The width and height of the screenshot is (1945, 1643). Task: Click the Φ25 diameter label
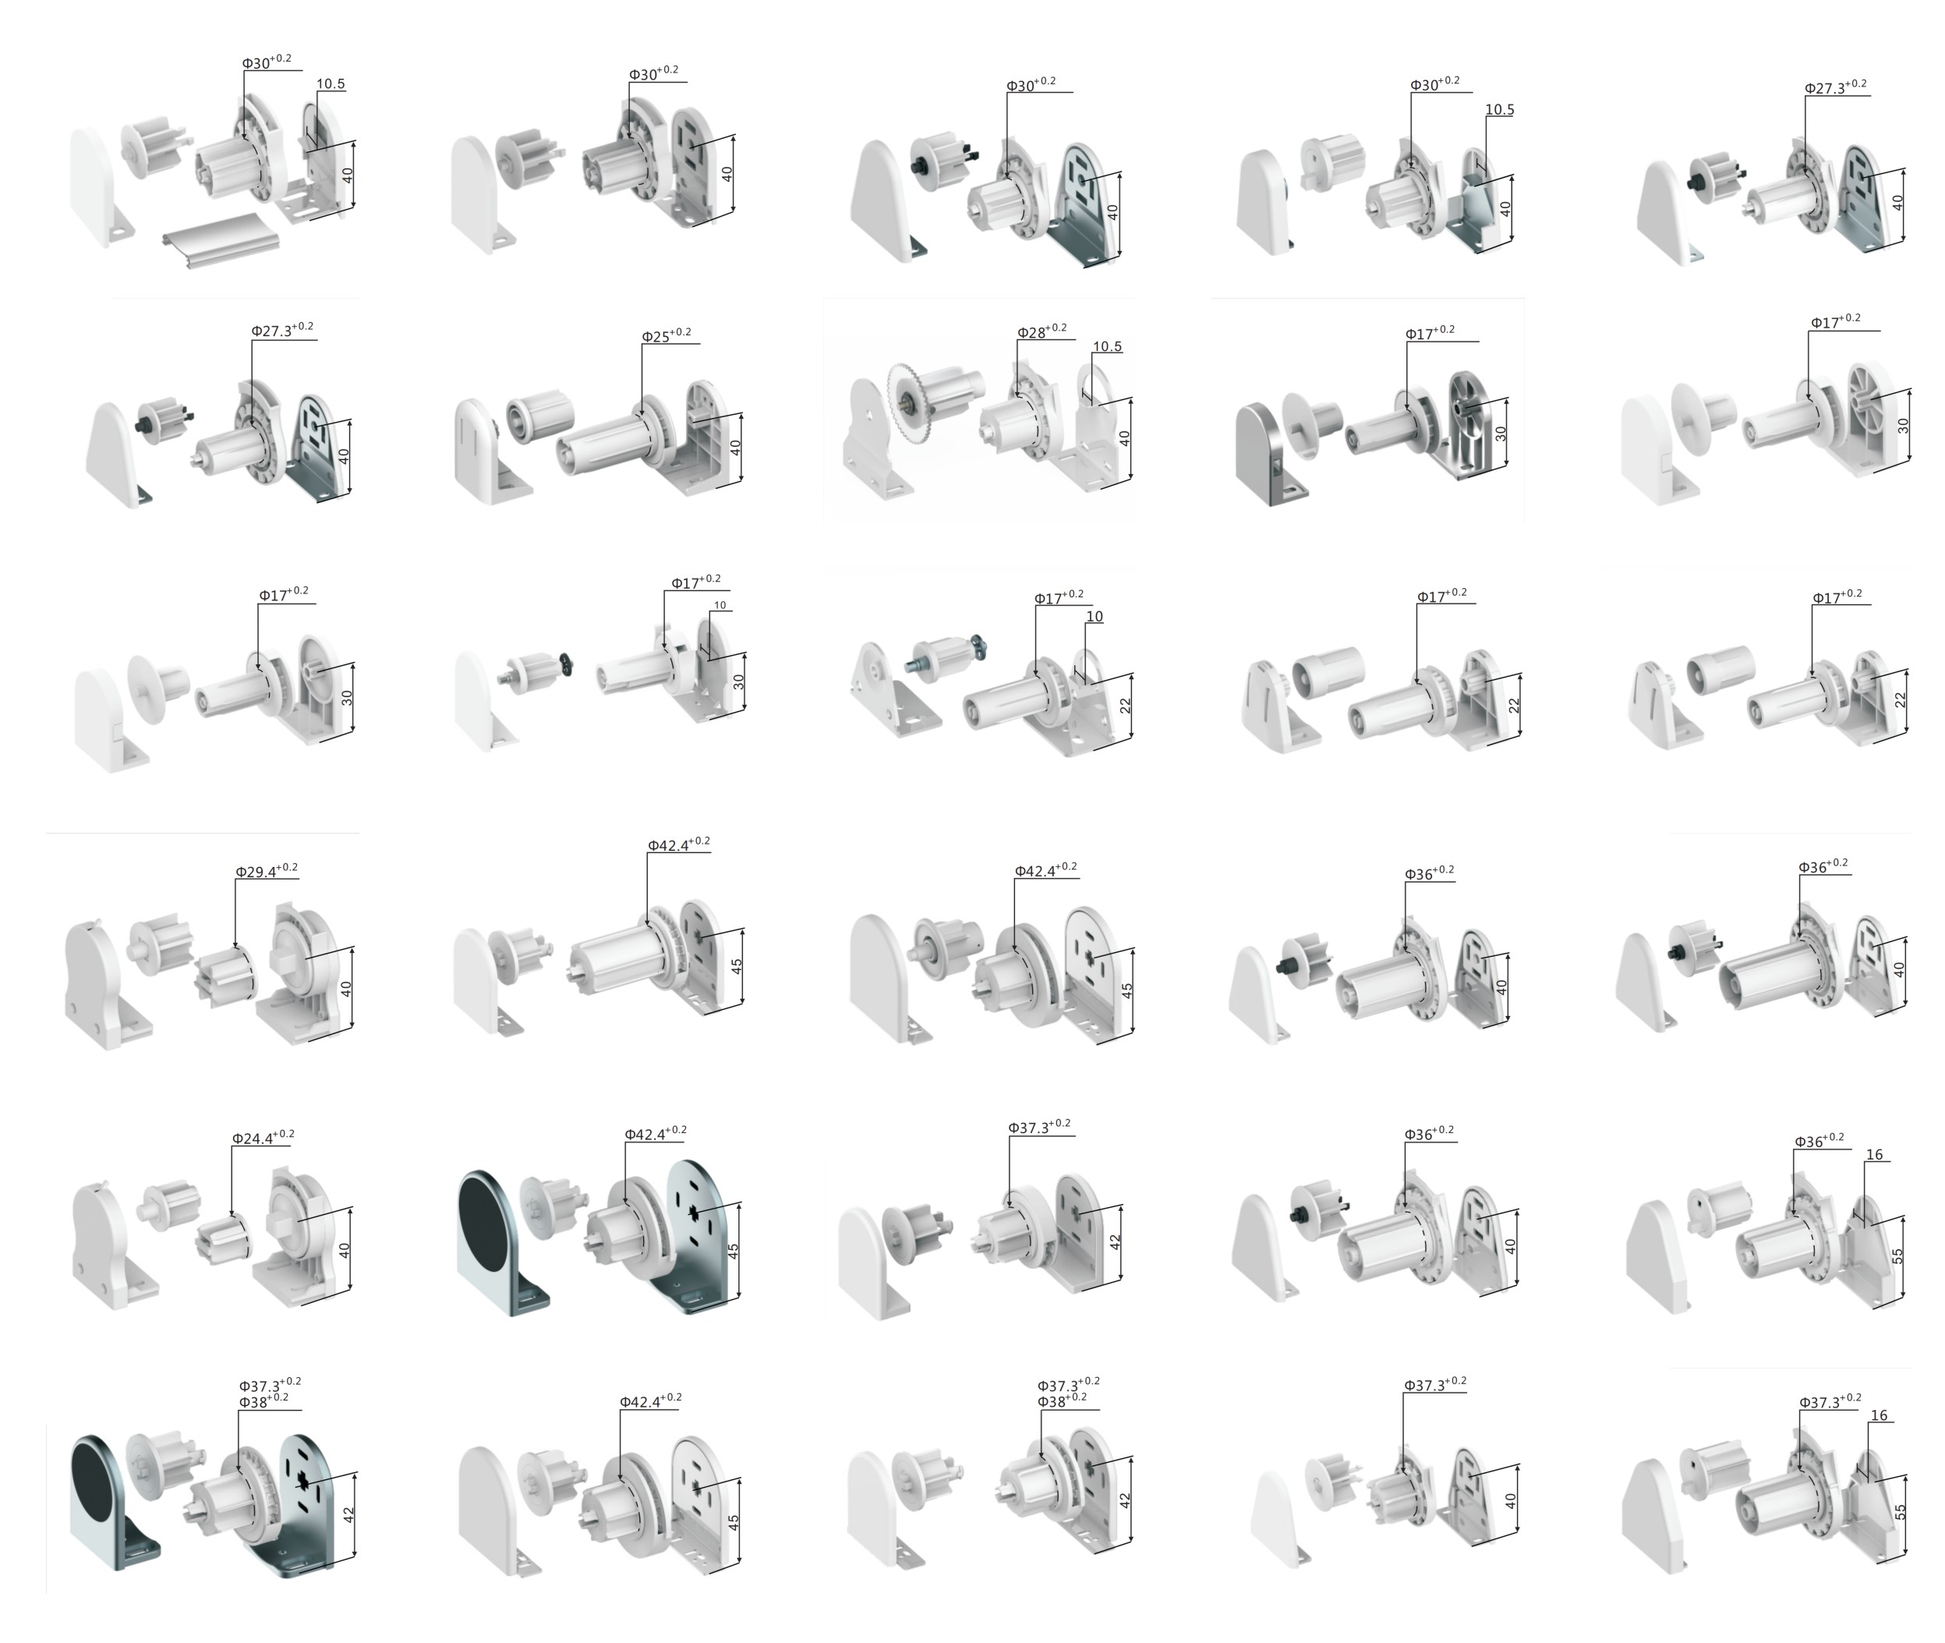coord(666,335)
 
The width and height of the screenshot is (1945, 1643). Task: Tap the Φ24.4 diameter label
coord(263,1137)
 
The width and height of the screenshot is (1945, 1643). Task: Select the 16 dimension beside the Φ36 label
coord(1874,1155)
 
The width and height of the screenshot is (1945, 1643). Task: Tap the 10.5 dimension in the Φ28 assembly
coord(1107,346)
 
